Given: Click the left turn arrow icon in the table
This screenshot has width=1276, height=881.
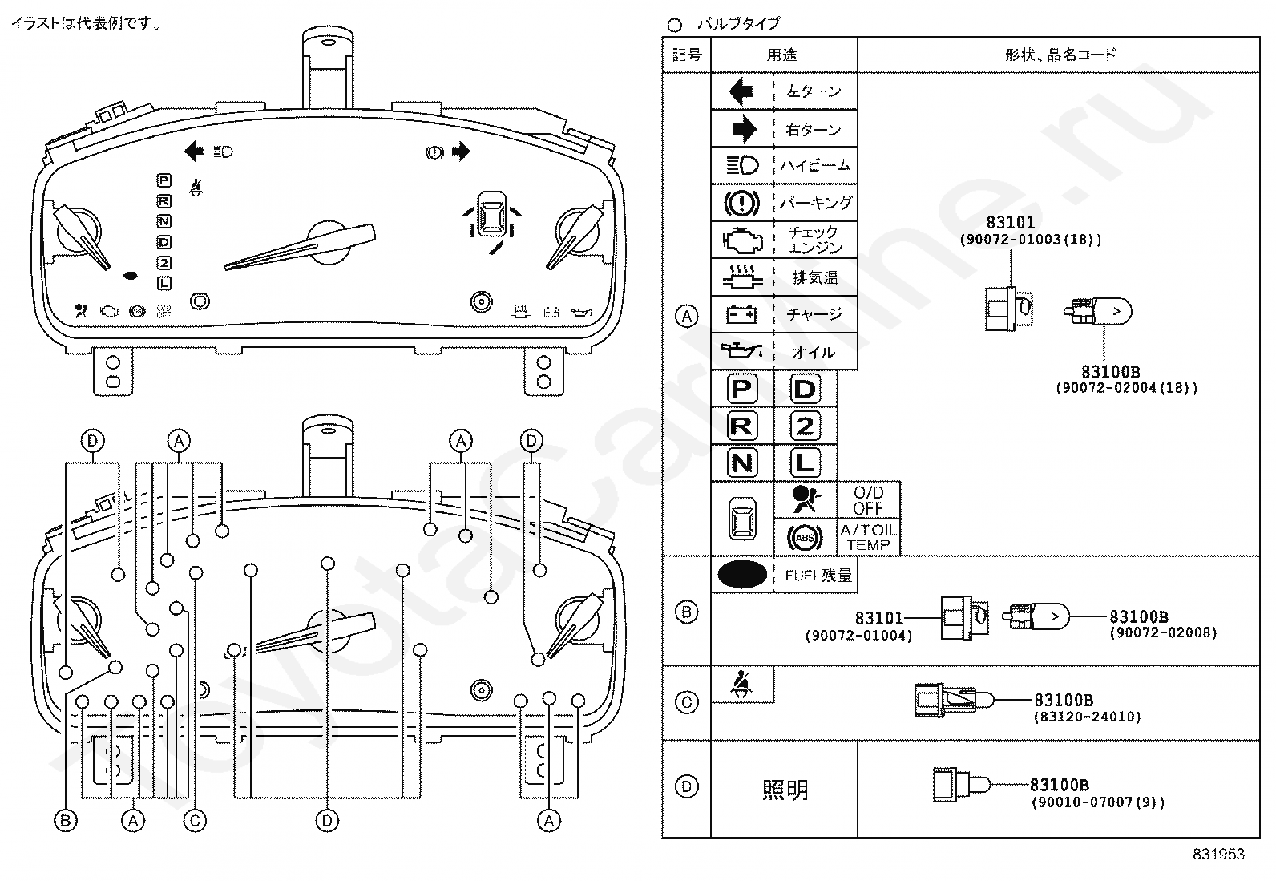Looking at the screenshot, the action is [x=741, y=91].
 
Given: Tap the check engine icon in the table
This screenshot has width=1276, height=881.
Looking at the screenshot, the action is [x=741, y=240].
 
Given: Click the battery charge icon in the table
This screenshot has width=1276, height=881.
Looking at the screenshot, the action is [x=741, y=314].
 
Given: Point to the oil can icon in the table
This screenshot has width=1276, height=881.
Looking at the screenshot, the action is [x=741, y=351].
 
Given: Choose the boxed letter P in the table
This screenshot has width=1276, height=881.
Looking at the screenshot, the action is [x=741, y=390].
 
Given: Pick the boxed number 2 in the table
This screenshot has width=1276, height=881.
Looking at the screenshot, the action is [x=805, y=426].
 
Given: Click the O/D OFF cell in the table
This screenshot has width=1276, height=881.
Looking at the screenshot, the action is [x=868, y=500].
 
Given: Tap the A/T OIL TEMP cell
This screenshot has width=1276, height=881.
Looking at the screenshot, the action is [x=868, y=537].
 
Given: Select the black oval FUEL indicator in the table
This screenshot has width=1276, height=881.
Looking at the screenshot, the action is [x=741, y=574].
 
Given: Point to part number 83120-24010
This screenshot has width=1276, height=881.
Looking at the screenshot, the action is [x=1087, y=717].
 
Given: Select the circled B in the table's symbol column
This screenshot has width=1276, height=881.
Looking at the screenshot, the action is [x=687, y=612].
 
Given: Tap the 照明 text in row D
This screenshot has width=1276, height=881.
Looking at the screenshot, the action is [x=784, y=790].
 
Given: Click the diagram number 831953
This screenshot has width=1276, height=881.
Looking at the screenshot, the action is [x=1218, y=855].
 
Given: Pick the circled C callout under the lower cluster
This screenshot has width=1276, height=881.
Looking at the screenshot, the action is [x=194, y=821].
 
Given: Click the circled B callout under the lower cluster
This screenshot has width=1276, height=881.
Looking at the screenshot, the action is [x=65, y=821].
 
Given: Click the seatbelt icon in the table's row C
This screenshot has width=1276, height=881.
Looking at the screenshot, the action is [x=741, y=685].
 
